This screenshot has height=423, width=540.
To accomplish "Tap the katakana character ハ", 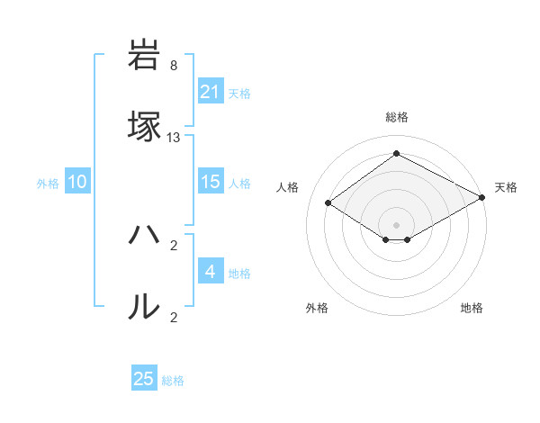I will click(x=145, y=237).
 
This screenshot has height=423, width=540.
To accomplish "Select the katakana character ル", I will click(x=145, y=306).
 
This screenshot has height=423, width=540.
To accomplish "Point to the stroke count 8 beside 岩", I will click(x=174, y=66).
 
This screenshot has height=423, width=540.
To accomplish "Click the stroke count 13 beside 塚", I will click(x=174, y=138).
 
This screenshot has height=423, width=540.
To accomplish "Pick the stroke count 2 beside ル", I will click(x=174, y=317).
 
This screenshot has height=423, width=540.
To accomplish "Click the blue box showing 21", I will click(x=210, y=92).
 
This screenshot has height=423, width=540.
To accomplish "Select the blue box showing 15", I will click(x=210, y=182).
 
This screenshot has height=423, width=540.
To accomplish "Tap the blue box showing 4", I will click(x=210, y=272).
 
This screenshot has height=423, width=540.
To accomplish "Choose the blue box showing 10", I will click(x=77, y=182).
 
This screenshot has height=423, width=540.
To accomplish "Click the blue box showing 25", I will click(x=144, y=379).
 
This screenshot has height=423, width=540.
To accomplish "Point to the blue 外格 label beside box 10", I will click(x=48, y=183).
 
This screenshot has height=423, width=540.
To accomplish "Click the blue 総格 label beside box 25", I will click(x=173, y=381).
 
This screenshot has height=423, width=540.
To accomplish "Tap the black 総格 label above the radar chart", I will click(x=396, y=117).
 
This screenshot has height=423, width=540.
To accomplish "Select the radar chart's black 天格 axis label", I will click(x=506, y=187).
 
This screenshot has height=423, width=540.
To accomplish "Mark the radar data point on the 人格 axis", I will click(x=328, y=202).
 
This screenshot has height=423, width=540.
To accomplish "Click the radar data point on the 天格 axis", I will click(x=482, y=197).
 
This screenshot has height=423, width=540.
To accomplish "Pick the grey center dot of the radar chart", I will click(x=396, y=224).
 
